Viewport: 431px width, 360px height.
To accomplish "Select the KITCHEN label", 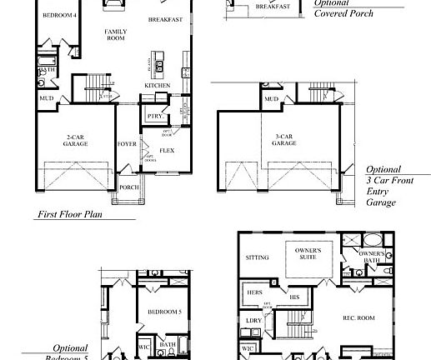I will (x=158, y=85).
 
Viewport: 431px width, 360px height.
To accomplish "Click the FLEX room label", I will (x=167, y=150).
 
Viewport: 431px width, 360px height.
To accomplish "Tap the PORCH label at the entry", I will (x=129, y=187).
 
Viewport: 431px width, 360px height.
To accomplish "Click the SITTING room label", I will (x=258, y=257).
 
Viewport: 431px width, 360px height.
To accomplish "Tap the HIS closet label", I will (x=294, y=296).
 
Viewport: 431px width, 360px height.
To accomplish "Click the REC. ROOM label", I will (x=360, y=318).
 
